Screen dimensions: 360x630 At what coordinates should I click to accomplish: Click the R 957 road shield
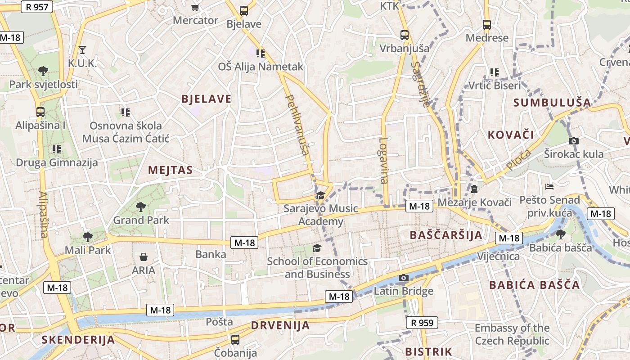tap(37, 7)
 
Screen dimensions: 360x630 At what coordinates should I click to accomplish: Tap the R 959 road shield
tap(422, 323)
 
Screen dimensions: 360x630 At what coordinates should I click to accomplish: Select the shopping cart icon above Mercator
tap(195, 7)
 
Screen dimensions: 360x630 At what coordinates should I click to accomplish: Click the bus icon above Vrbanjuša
tap(405, 35)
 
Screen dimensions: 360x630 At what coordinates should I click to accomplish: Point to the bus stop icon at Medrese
tap(486, 24)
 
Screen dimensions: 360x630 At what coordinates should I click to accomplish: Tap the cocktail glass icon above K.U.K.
tap(82, 49)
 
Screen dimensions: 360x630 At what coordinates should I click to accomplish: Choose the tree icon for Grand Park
tap(141, 207)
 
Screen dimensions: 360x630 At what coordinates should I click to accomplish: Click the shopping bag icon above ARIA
tap(143, 257)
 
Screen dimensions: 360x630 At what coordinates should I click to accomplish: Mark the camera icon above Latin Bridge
tap(403, 278)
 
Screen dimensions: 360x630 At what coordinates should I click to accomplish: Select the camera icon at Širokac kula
tap(573, 141)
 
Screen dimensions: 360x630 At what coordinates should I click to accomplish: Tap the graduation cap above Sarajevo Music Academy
tap(320, 195)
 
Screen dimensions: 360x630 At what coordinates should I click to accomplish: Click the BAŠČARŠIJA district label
tap(446, 235)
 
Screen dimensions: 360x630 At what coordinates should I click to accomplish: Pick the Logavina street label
tap(383, 160)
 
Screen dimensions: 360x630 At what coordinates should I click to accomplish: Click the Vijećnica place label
tap(498, 256)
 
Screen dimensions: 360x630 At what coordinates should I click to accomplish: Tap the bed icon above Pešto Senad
tap(549, 186)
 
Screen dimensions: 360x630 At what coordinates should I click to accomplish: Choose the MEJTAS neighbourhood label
tap(170, 170)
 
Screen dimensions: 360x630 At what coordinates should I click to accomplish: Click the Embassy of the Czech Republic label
tap(512, 334)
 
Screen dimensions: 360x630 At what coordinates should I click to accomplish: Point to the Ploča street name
tap(518, 160)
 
